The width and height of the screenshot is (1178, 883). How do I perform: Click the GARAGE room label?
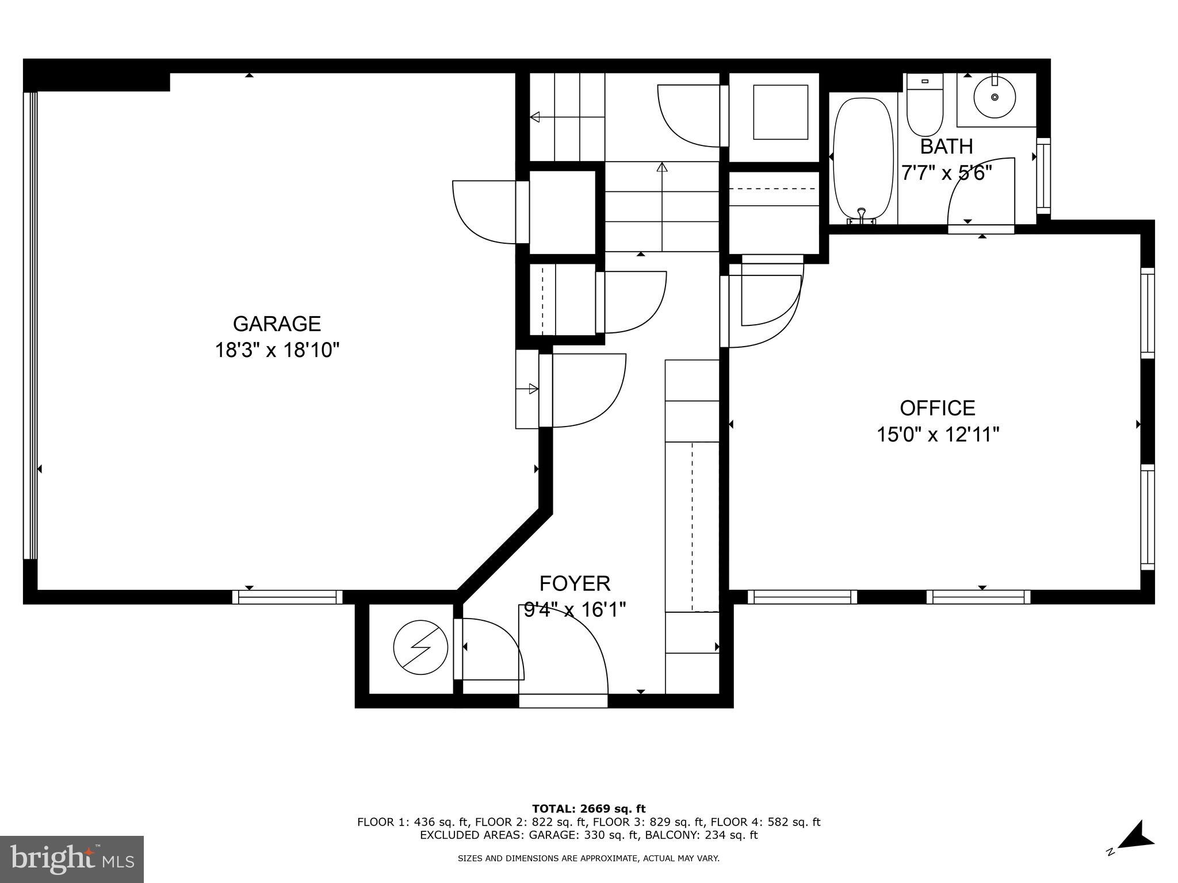(x=277, y=324)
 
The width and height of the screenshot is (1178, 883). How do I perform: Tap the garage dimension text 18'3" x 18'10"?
(x=277, y=350)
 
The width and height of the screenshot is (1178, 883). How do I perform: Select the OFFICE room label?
(x=937, y=408)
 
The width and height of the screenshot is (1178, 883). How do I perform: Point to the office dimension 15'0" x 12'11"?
(x=937, y=435)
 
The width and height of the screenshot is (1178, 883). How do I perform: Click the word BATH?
(x=946, y=147)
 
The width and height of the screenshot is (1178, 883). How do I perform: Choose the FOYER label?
(x=575, y=583)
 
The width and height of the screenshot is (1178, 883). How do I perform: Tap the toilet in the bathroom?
(x=924, y=106)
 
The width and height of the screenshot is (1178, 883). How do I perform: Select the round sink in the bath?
(x=995, y=98)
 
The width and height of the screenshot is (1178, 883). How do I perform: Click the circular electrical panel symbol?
(x=420, y=647)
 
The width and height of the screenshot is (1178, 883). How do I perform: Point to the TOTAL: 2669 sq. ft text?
(x=588, y=809)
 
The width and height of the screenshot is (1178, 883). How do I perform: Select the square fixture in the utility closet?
(x=781, y=112)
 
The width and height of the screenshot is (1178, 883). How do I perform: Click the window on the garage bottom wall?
(x=287, y=597)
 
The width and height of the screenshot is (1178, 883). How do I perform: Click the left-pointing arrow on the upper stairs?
(x=536, y=117)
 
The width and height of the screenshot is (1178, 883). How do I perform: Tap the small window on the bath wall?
(x=1043, y=175)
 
